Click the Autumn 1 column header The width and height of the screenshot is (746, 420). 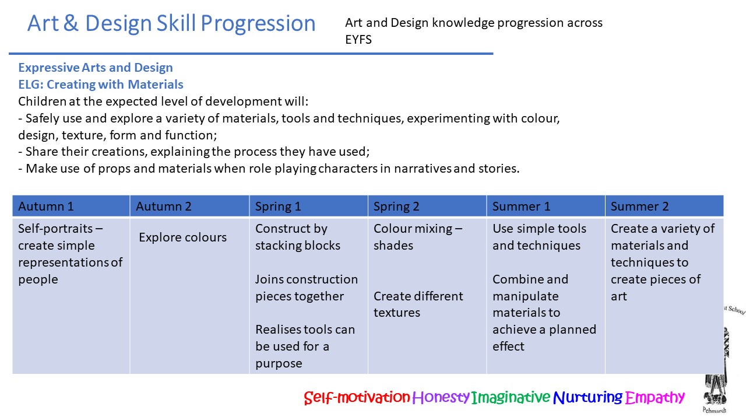point(46,206)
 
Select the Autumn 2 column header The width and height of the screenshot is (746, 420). point(164,206)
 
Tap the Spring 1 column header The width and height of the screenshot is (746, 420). point(278,206)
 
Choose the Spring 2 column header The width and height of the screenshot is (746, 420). point(396,206)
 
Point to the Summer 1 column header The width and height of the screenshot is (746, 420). point(521,206)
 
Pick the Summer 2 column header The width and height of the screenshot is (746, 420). point(639,206)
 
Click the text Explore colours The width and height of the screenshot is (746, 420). point(182,237)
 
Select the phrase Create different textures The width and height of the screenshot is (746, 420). point(418,304)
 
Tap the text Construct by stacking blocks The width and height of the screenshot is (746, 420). point(298,237)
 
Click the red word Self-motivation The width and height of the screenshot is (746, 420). point(357,397)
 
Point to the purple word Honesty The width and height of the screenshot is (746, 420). point(441,397)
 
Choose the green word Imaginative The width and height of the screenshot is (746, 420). point(511,397)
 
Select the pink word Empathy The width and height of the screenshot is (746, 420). point(654,397)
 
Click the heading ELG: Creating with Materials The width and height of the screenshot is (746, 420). point(101,85)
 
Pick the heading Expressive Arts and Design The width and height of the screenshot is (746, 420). point(96,68)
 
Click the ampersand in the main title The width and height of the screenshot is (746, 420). point(71,23)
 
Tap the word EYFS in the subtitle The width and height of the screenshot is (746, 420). point(358,40)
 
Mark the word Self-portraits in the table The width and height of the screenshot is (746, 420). point(55,229)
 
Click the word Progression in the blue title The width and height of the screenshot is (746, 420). point(258,24)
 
